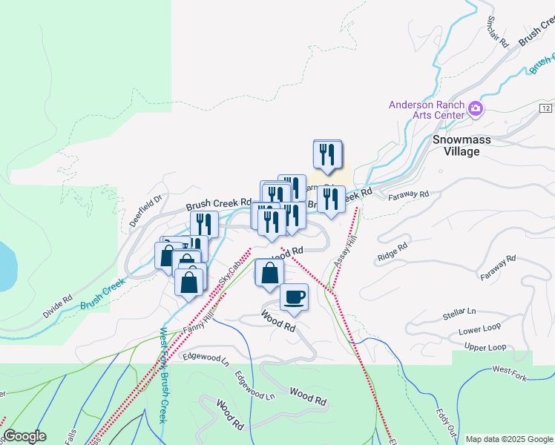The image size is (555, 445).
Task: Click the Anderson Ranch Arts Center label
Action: [427, 111]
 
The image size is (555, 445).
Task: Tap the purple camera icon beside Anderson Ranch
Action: [476, 111]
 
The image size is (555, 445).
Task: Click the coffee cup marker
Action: [294, 297]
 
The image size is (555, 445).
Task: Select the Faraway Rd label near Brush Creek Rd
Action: [409, 195]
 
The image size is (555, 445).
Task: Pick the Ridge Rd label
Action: [393, 251]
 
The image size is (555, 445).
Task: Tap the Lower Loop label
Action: [480, 331]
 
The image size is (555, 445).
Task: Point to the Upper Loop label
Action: [485, 347]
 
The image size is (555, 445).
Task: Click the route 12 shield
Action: [545, 109]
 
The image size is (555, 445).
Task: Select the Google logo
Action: [25, 436]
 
